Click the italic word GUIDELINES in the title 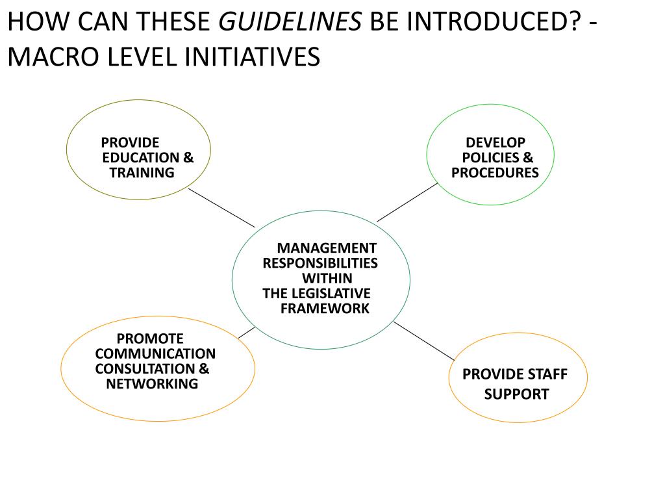[x=290, y=23]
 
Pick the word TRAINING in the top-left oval [x=142, y=172]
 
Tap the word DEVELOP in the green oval [x=496, y=142]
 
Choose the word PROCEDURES [x=495, y=172]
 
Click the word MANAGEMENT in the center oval [x=327, y=248]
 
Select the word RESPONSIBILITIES [x=320, y=262]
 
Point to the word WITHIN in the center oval [x=327, y=278]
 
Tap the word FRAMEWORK [x=325, y=308]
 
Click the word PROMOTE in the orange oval [x=150, y=339]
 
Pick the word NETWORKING [x=152, y=383]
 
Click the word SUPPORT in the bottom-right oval [x=516, y=394]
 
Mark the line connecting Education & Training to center [x=221, y=208]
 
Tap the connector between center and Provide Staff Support [x=423, y=340]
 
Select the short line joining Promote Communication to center [x=246, y=332]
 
